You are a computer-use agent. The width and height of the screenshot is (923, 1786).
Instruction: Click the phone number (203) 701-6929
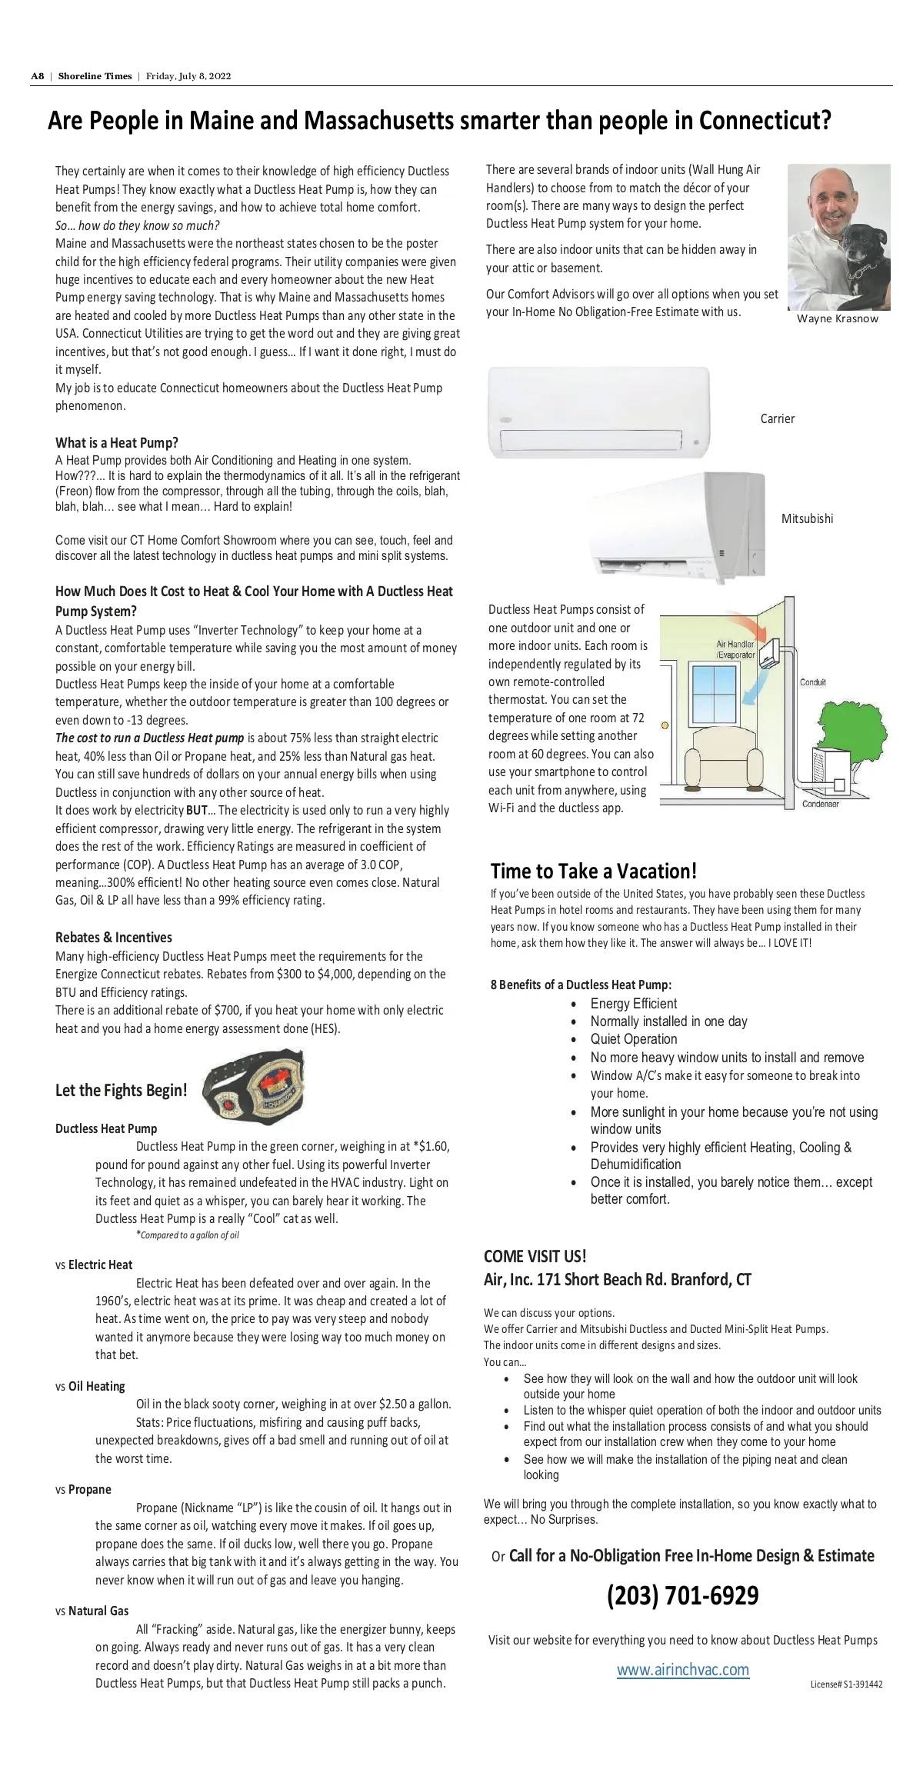682,1595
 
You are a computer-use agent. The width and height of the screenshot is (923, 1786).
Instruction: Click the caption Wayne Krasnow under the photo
837,318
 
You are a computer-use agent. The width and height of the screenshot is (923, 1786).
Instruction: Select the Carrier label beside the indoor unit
777,418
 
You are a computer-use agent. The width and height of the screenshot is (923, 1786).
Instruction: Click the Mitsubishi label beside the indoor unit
807,518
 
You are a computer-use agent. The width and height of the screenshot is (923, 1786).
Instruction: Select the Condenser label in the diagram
820,804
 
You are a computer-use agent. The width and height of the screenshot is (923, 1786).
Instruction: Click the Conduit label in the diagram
813,682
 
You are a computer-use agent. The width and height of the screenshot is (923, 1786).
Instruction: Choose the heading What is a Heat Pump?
117,442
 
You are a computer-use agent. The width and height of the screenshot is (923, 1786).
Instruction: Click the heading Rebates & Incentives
114,937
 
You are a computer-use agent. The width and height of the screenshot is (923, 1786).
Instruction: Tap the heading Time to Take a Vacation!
594,871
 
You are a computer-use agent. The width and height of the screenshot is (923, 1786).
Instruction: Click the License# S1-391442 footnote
846,1684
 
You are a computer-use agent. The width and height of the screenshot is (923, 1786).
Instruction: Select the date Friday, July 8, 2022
188,76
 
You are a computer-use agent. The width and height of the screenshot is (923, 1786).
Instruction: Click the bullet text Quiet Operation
634,1038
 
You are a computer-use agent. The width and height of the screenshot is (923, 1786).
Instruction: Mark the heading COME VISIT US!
535,1256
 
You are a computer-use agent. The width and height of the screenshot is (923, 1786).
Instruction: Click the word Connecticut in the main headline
765,121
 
